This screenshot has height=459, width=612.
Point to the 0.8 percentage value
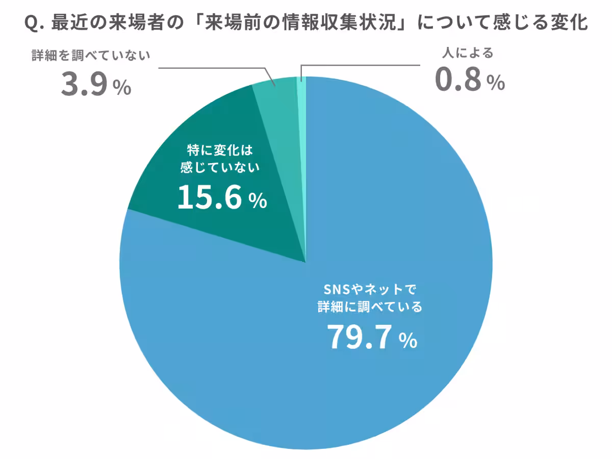point(458,81)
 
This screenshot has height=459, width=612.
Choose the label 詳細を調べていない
point(91,55)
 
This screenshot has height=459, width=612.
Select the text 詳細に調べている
point(370,307)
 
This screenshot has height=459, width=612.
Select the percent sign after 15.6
point(258,201)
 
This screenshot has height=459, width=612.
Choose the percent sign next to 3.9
point(122,88)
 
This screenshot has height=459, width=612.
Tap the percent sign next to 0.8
point(495,83)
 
